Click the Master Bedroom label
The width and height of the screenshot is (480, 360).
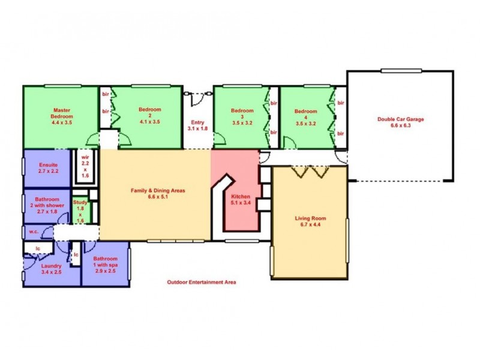click(x=62, y=113)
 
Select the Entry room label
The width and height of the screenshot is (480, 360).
click(x=197, y=122)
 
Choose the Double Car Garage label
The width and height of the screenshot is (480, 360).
click(x=400, y=119)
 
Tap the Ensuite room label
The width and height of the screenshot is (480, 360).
click(x=48, y=165)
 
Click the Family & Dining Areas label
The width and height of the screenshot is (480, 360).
click(x=157, y=190)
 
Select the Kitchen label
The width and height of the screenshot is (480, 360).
click(x=240, y=196)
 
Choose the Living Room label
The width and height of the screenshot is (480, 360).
click(x=309, y=218)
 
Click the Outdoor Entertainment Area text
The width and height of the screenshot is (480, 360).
click(x=201, y=282)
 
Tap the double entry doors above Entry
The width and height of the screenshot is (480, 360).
click(x=197, y=95)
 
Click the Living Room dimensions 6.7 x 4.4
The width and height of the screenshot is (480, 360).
click(x=309, y=225)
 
